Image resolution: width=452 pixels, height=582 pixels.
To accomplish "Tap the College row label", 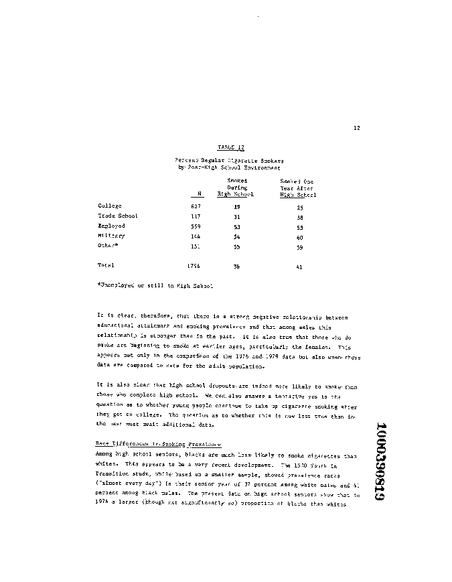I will click(x=110, y=206).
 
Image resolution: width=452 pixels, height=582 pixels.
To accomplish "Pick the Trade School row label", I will click(x=118, y=216).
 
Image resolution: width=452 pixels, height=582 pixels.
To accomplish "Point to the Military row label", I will click(x=111, y=236).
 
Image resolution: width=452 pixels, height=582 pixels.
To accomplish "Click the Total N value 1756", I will click(x=194, y=266).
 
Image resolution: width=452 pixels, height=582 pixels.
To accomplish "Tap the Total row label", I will click(x=106, y=266).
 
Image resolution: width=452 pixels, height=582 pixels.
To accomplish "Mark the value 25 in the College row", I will click(x=299, y=208).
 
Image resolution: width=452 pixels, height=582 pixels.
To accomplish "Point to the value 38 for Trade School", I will click(x=299, y=217).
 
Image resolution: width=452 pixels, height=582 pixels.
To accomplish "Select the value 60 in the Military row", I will click(x=299, y=237).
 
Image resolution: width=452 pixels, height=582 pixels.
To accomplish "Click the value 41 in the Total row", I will click(x=299, y=267).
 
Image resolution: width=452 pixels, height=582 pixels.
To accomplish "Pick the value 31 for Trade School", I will click(x=237, y=216).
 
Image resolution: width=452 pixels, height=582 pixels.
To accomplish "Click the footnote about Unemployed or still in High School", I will click(x=155, y=286).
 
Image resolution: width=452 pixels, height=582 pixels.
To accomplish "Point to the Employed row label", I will click(x=111, y=226).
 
